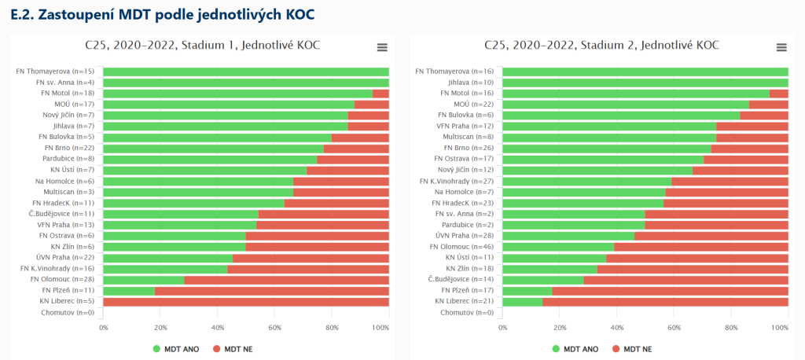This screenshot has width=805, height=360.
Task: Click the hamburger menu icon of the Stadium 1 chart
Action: coord(382,47)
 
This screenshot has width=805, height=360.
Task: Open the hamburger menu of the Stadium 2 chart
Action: coord(781,47)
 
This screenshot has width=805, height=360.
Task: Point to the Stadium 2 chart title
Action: coord(601,46)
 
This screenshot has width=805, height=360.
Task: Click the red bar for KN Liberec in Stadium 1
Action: coord(246,301)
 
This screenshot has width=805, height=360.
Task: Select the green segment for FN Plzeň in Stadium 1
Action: coord(129,290)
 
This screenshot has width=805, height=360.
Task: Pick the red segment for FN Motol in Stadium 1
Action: coord(380,93)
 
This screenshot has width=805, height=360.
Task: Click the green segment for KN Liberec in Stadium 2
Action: coord(522,301)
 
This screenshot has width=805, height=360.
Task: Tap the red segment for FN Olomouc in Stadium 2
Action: coord(701,246)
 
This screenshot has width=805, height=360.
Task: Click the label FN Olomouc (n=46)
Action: coord(461,246)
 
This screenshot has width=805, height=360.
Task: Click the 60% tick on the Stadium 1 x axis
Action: coord(274,326)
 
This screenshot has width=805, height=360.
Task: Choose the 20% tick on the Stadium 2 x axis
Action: coord(559,326)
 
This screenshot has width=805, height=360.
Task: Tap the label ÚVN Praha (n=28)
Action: coord(465,235)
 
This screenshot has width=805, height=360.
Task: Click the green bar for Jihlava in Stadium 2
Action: coord(645,82)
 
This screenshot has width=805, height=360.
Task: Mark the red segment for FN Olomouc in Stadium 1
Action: coord(287,279)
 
